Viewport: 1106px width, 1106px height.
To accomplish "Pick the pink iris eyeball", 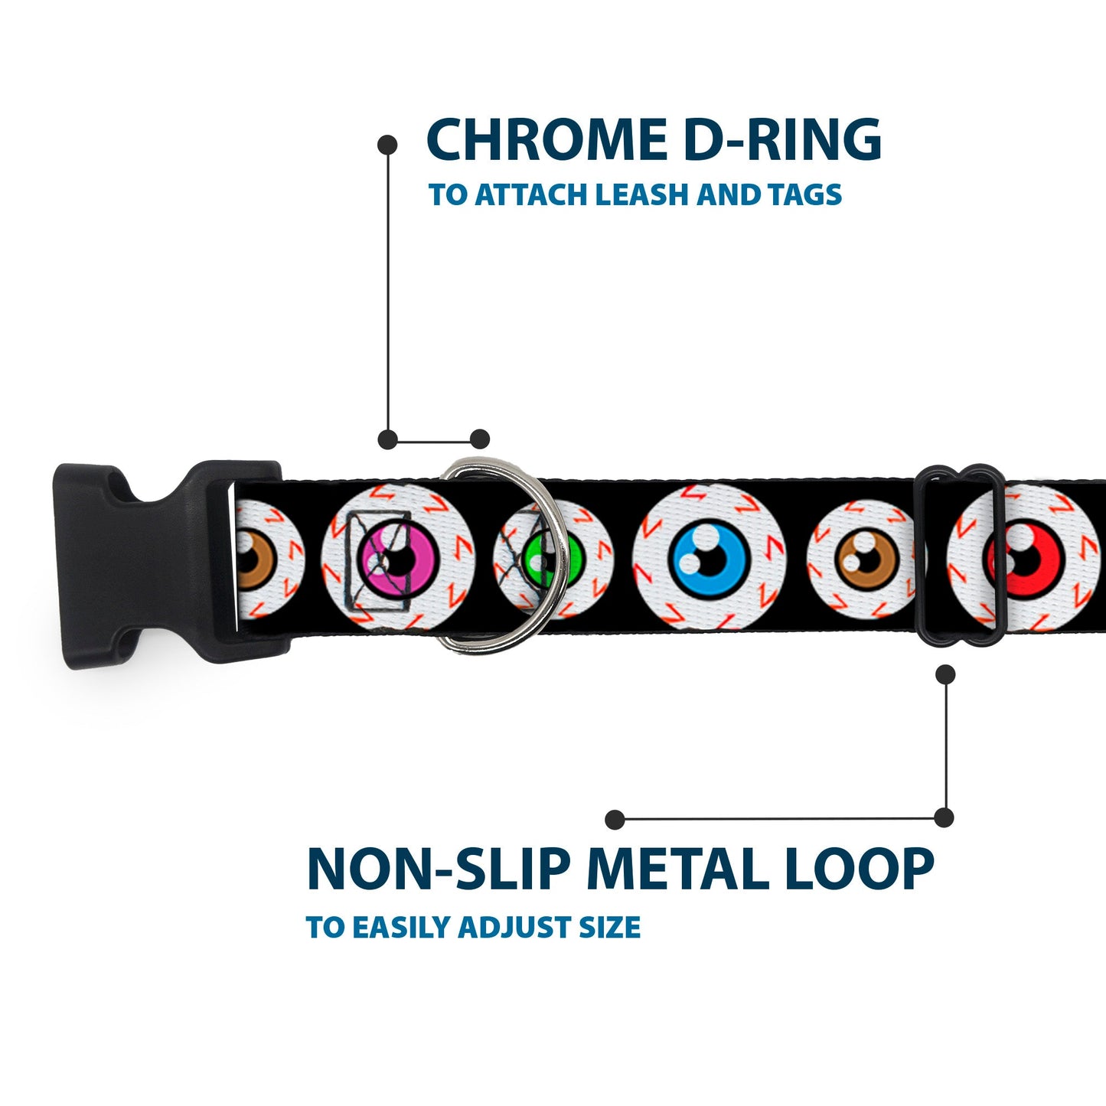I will pyautogui.click(x=398, y=556).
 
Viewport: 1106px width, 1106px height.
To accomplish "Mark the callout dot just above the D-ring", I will pyautogui.click(x=480, y=439).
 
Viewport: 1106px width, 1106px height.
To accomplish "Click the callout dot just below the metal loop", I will pyautogui.click(x=946, y=674).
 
